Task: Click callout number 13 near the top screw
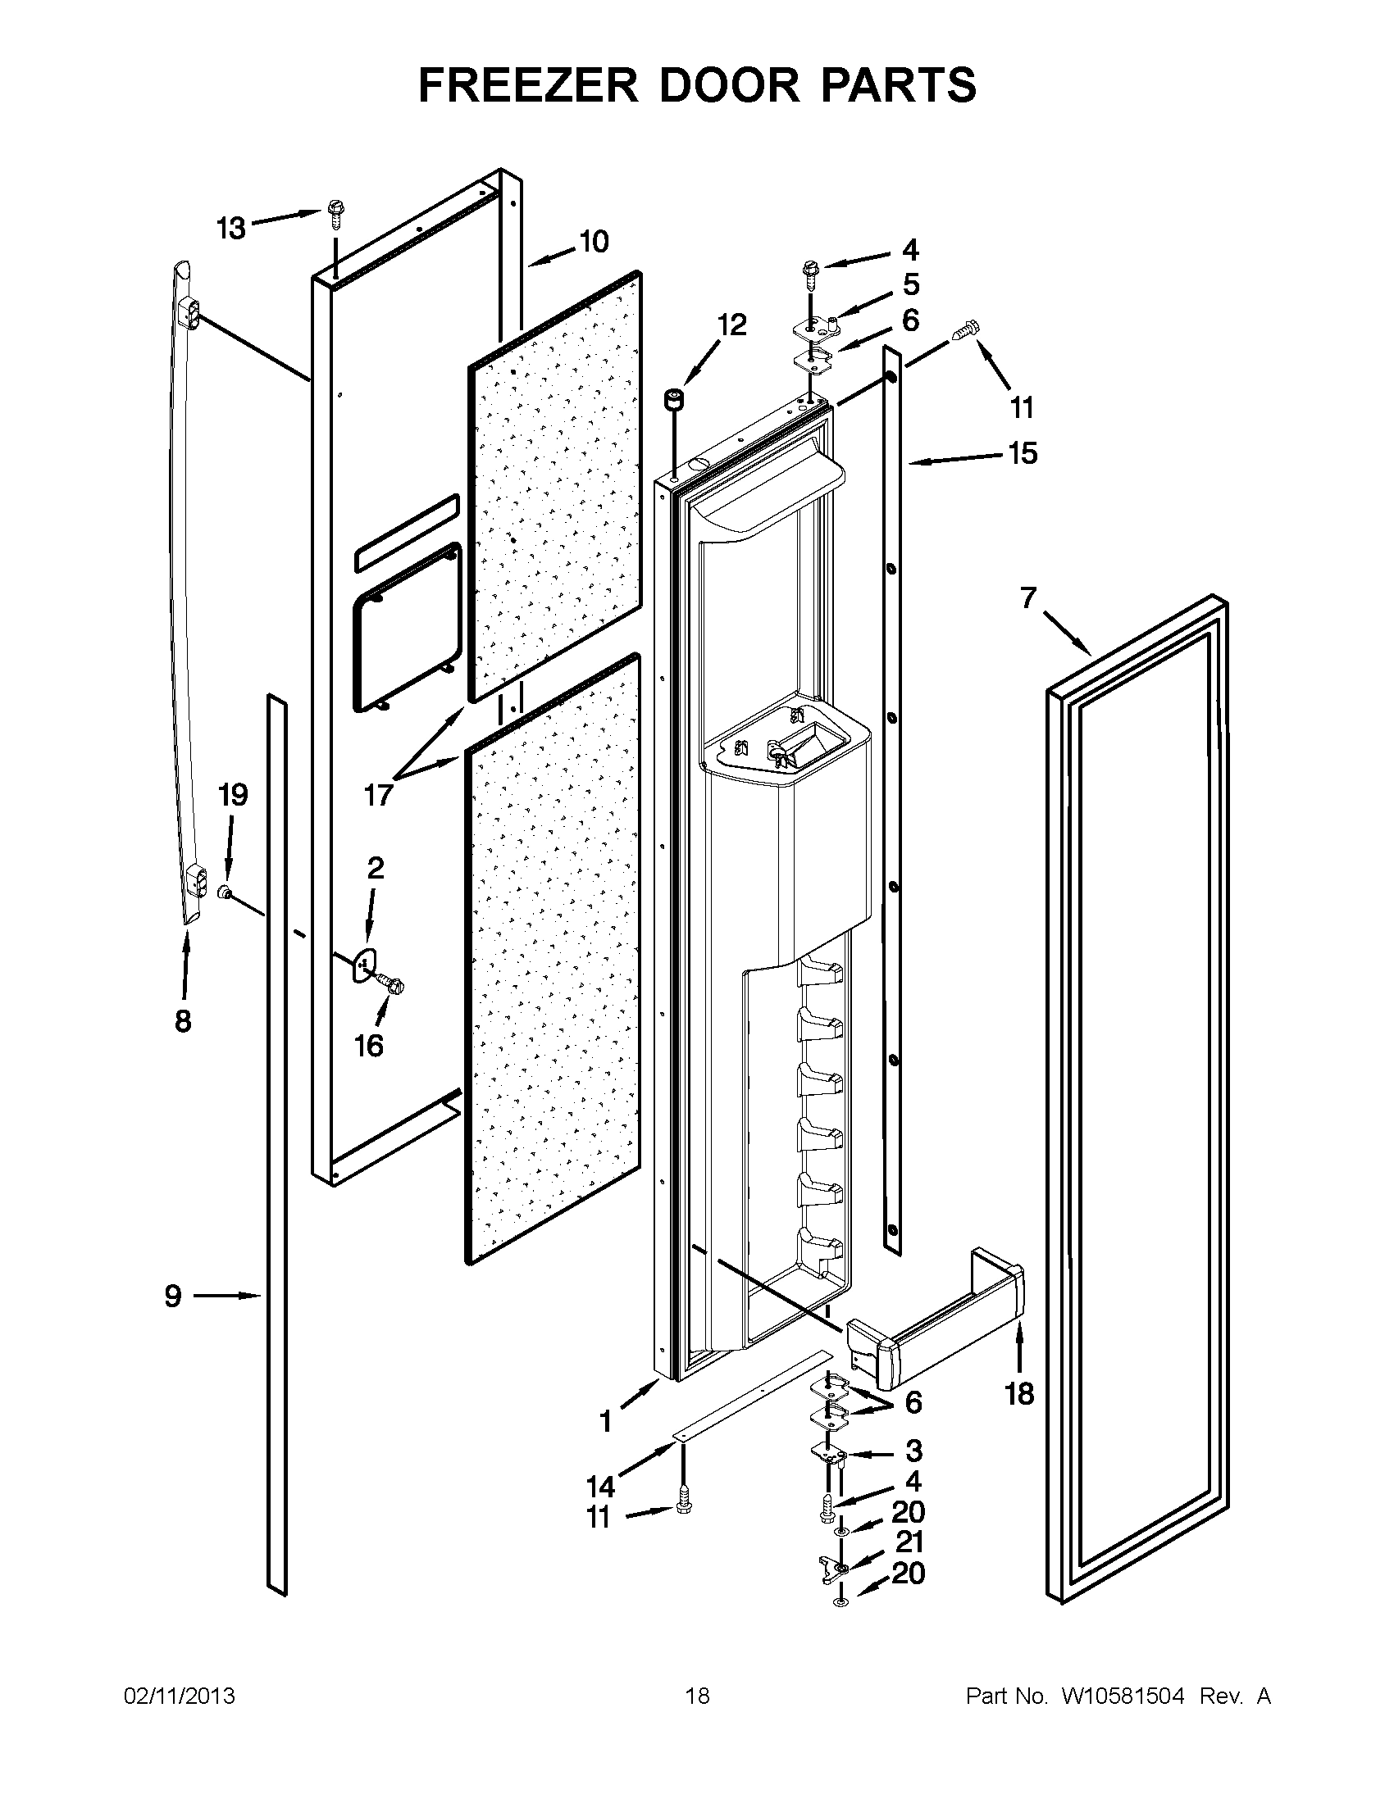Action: tap(231, 228)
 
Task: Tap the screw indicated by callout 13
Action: tap(335, 213)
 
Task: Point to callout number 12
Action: tap(731, 325)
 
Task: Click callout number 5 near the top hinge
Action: tap(910, 285)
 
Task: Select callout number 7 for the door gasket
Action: tap(1027, 597)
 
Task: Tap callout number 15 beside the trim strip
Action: tap(1023, 453)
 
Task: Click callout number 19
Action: tap(233, 795)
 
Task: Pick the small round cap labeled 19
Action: tap(223, 892)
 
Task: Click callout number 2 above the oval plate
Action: tap(375, 868)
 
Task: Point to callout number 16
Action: tap(369, 1046)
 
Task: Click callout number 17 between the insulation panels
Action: tap(378, 796)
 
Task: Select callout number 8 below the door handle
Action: tap(184, 1021)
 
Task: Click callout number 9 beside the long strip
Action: tap(172, 1297)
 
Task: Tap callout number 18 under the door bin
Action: tap(1019, 1394)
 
